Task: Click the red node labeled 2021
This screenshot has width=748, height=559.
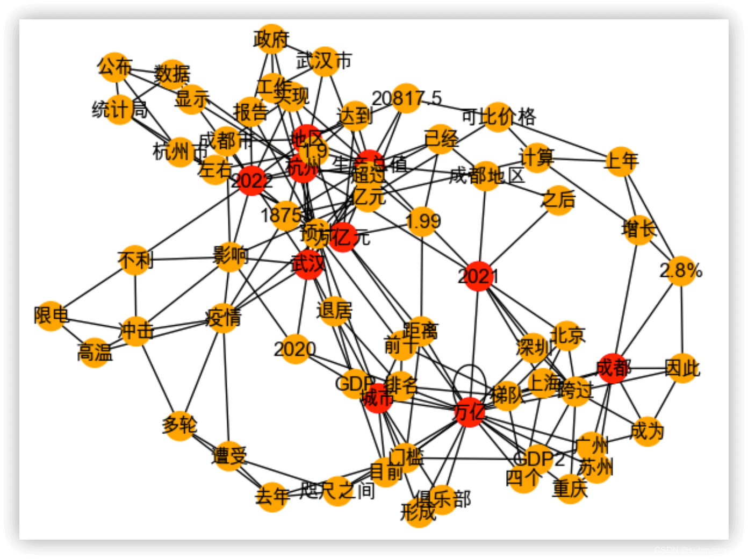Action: [478, 276]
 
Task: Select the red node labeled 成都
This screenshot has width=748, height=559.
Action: [613, 368]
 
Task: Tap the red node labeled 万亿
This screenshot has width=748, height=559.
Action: [470, 412]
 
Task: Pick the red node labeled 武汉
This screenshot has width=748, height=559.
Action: [308, 264]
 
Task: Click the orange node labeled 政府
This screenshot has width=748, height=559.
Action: [271, 39]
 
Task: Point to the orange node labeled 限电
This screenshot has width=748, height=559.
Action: [51, 316]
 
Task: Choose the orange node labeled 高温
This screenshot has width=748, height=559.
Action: [95, 353]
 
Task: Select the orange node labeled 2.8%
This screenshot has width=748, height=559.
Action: [681, 270]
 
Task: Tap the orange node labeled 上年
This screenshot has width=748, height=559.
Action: [621, 161]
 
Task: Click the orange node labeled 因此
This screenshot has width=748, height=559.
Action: [682, 368]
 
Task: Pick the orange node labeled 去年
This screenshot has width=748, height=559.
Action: [272, 496]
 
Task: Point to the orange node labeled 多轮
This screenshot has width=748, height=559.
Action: [179, 425]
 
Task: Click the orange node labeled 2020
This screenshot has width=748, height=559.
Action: [294, 349]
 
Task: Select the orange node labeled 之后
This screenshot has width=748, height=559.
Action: [558, 199]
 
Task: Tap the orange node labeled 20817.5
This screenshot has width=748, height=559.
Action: [406, 98]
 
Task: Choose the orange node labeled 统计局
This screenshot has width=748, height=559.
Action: [119, 109]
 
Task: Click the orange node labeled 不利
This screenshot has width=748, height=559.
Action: [135, 260]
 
